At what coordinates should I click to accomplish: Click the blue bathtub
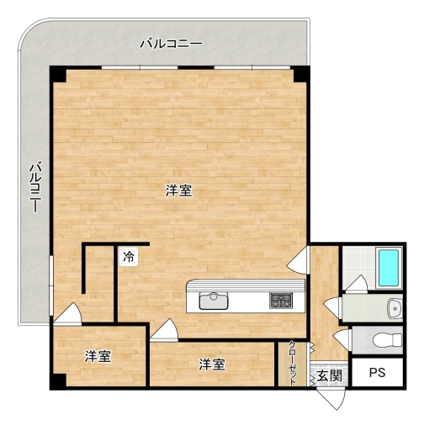click(x=389, y=268)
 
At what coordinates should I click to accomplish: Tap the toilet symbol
click(x=387, y=340)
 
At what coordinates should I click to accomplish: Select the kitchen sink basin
click(x=214, y=301)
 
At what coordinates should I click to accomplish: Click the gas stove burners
click(x=281, y=301)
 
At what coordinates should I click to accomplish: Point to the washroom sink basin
click(x=395, y=309)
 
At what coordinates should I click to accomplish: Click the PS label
click(x=377, y=373)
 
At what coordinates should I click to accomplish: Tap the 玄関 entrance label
click(x=329, y=375)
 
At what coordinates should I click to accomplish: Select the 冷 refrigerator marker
click(x=129, y=256)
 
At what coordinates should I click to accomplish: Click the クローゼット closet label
click(x=292, y=363)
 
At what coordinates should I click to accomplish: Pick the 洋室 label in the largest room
click(x=178, y=191)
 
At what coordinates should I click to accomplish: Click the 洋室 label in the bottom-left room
click(x=98, y=356)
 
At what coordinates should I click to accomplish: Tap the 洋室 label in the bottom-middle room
click(x=212, y=364)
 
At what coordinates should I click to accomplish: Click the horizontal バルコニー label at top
click(x=171, y=44)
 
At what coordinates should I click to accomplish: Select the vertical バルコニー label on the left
click(x=35, y=186)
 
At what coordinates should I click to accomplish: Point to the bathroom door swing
click(x=356, y=283)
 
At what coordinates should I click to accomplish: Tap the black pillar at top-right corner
click(x=301, y=74)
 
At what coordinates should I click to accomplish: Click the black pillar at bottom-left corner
click(x=58, y=381)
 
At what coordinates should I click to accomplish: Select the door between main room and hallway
click(x=299, y=260)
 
